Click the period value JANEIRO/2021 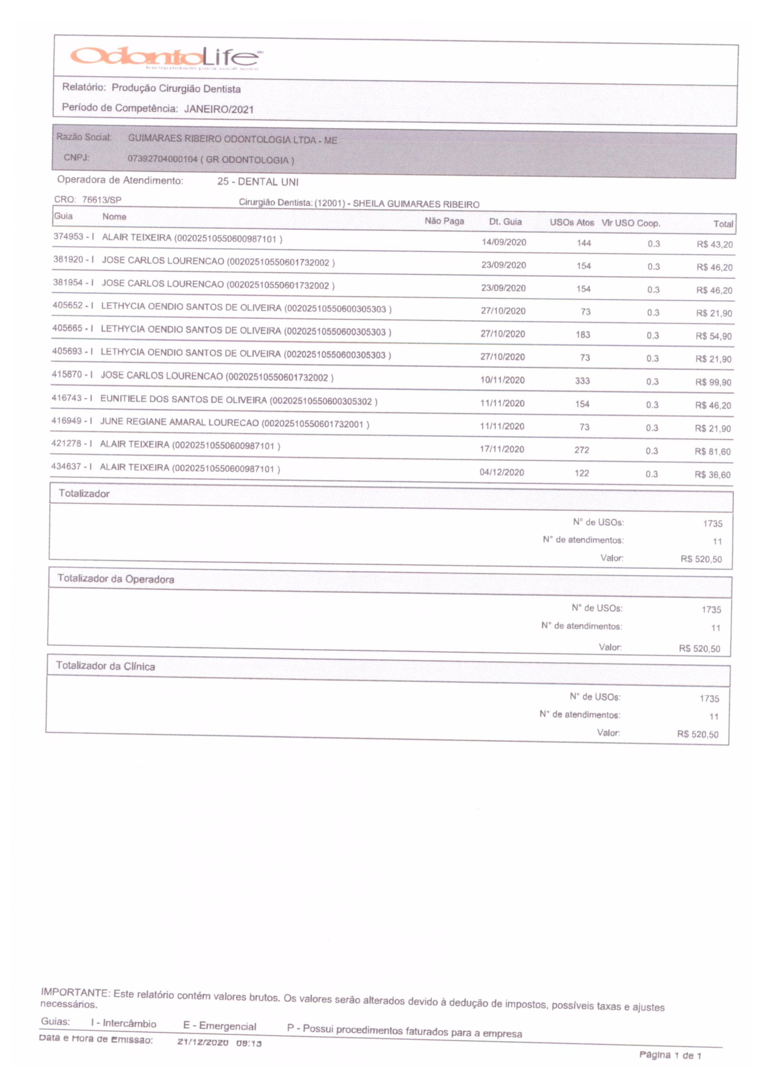[219, 109]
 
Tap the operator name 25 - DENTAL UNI [257, 181]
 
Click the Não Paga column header [444, 221]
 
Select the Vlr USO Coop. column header [630, 223]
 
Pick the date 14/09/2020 [504, 242]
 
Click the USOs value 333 [582, 381]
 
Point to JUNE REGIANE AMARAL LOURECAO [179, 422]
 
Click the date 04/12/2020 [501, 472]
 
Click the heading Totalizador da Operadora [116, 579]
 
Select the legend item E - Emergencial [220, 1026]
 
